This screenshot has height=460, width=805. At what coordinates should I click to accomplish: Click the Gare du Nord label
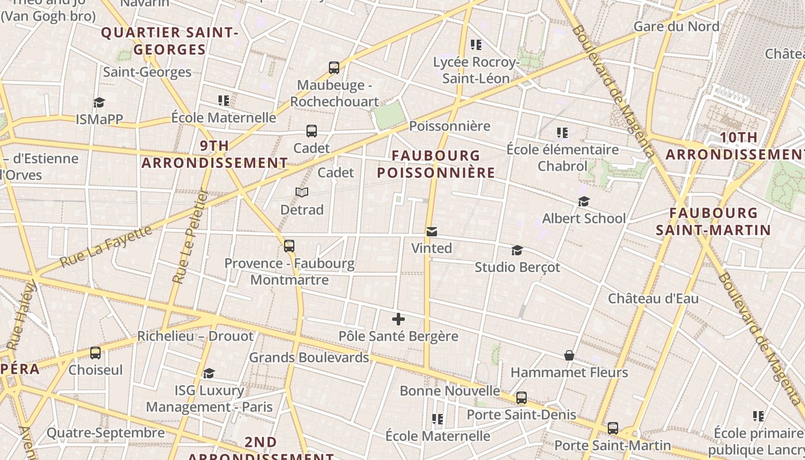pos(676,26)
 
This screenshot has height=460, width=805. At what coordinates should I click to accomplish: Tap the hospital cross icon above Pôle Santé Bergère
pos(398,319)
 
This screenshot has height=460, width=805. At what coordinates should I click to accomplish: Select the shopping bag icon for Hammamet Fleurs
pos(569,355)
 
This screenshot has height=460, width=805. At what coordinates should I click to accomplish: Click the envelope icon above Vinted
pos(432,231)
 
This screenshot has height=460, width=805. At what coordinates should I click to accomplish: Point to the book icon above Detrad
pos(302,192)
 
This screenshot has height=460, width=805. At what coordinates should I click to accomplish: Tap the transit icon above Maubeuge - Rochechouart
pos(334,68)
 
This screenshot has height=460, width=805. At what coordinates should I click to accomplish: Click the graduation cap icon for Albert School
pos(584,201)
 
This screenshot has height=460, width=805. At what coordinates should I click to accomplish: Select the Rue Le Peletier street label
pos(189,237)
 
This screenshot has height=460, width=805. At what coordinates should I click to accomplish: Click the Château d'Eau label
pos(653,298)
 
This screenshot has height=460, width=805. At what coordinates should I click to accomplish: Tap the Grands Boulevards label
pos(309,357)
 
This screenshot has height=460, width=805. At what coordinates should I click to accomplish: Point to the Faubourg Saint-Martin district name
pos(713,221)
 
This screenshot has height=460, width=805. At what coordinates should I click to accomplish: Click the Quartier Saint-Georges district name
pos(170,41)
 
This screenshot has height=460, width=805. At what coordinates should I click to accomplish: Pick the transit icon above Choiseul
pos(95,353)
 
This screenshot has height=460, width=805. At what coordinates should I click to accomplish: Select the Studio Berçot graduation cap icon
pos(517,250)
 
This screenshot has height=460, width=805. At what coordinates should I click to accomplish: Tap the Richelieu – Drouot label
pos(195,336)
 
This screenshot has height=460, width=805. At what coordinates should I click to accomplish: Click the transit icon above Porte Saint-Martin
pos(613,428)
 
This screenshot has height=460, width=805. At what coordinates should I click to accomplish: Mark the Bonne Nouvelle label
pos(450,391)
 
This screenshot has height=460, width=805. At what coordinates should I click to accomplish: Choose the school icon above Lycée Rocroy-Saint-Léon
pos(476,44)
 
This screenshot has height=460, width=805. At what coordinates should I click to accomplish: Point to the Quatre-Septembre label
pos(106,432)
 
